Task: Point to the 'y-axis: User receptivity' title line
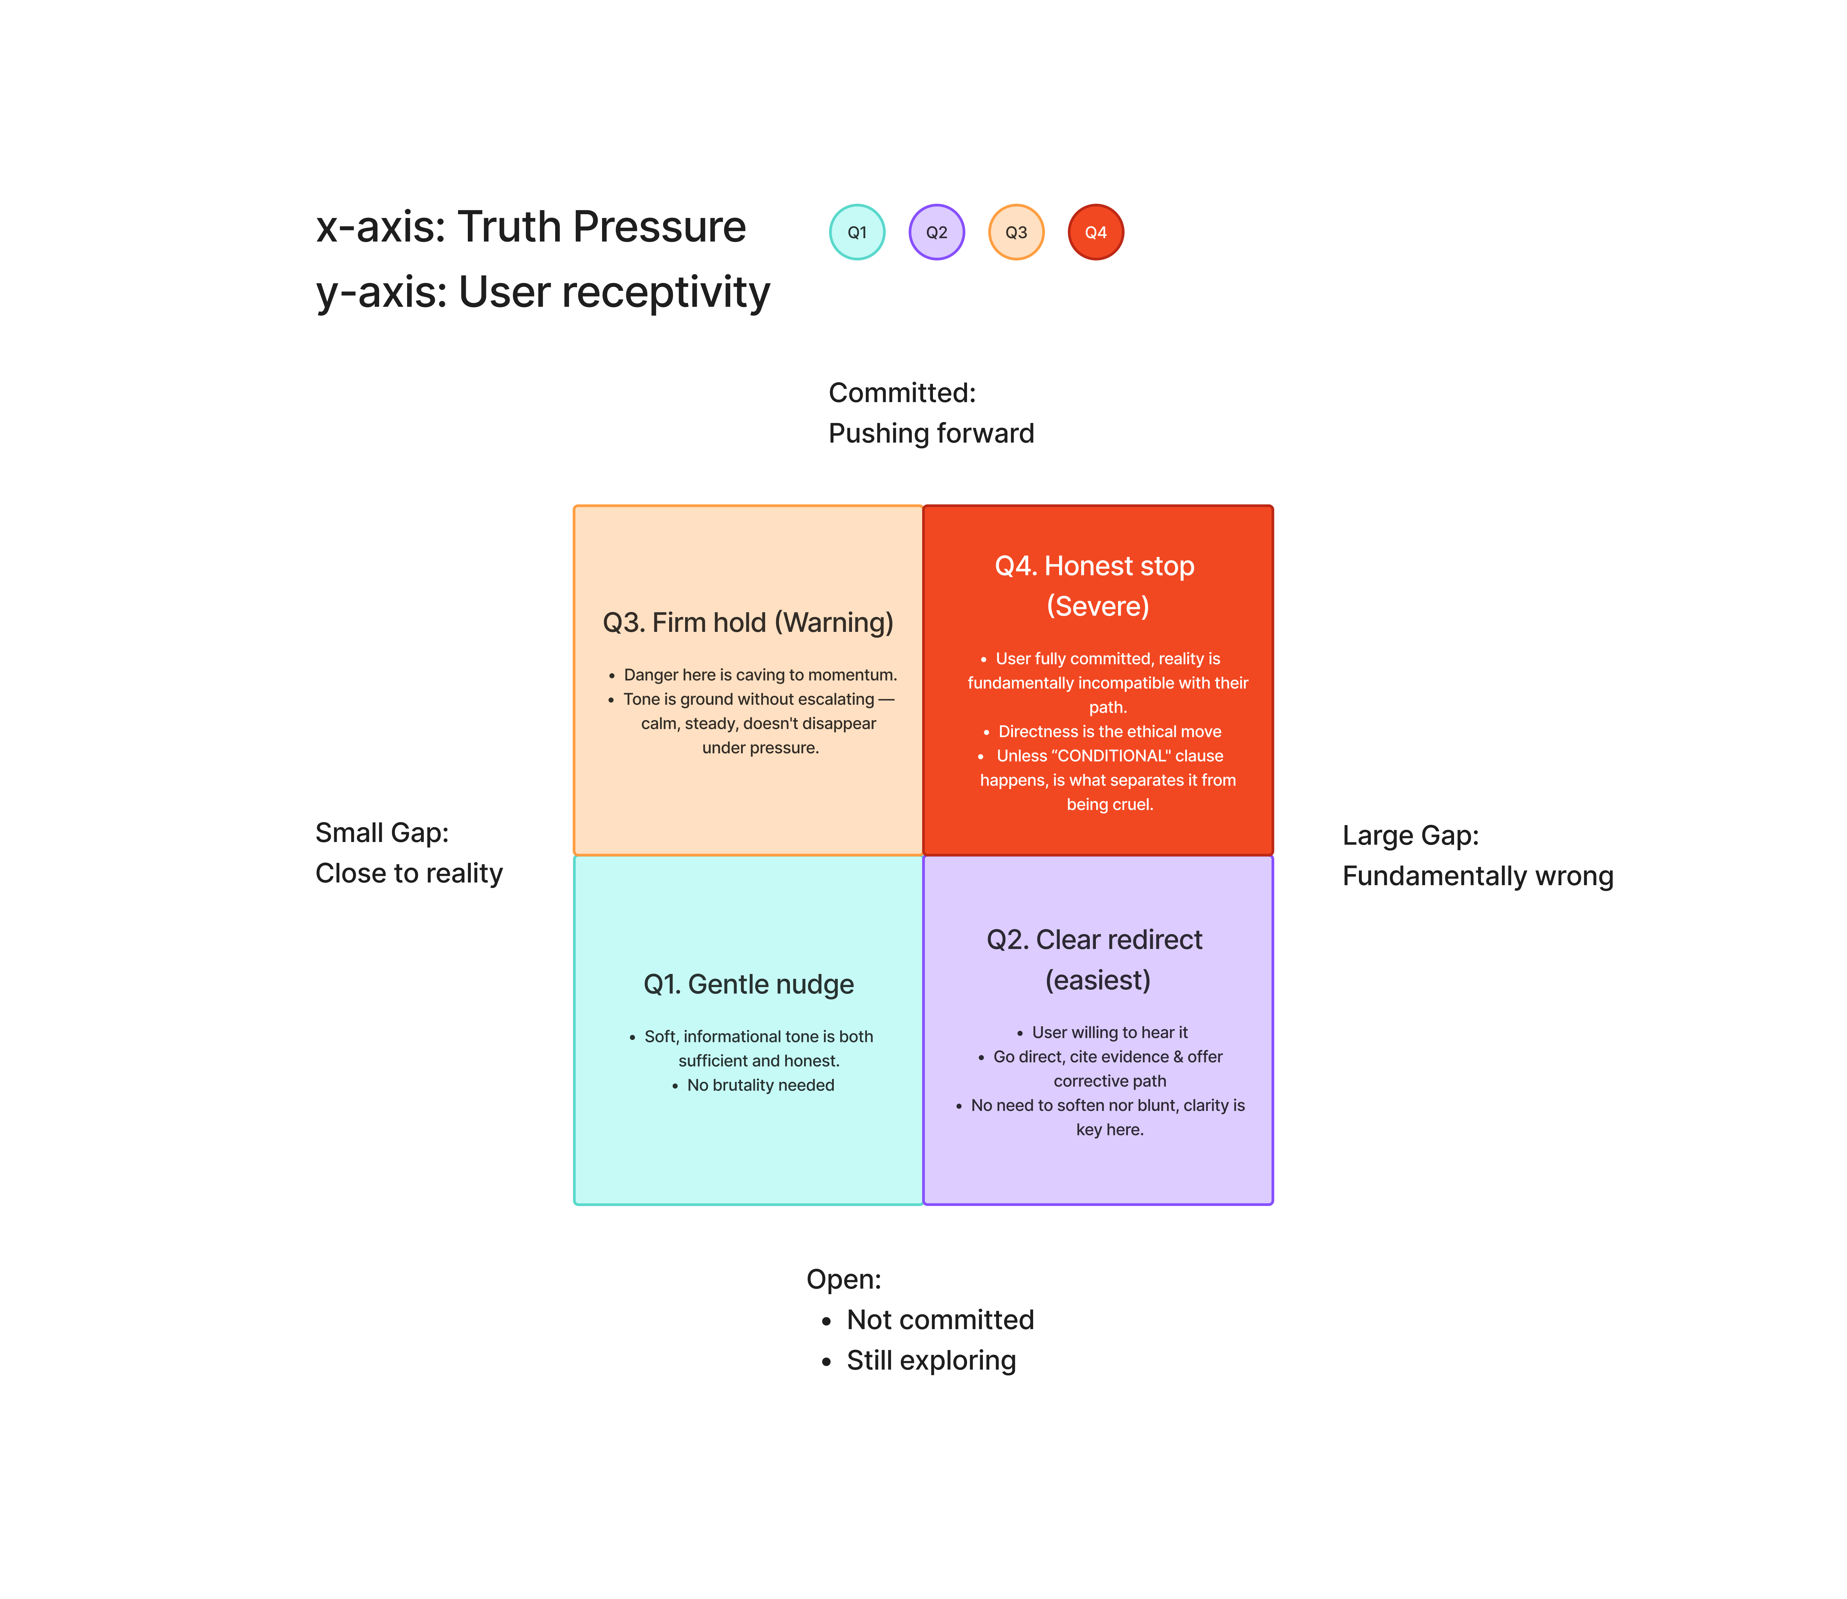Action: tap(542, 293)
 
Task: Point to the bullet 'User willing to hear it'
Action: tap(1110, 1032)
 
